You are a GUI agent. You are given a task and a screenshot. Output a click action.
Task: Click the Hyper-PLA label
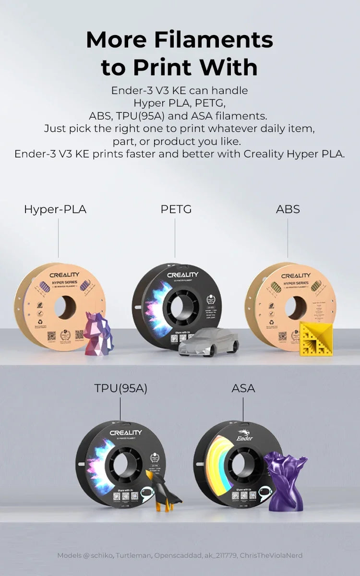tap(55, 210)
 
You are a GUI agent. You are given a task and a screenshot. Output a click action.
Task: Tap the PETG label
tap(176, 209)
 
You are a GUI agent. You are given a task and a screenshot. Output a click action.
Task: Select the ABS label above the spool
tap(288, 209)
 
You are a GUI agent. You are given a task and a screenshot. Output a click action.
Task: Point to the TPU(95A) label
tap(120, 388)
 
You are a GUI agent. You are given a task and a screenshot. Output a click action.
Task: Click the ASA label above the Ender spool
tap(243, 388)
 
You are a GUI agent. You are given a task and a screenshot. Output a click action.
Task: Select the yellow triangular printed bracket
tap(315, 338)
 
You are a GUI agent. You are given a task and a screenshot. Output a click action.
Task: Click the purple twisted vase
tap(286, 480)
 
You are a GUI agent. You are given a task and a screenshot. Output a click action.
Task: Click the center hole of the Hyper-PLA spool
tap(64, 307)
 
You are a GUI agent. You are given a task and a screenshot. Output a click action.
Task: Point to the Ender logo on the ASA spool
tap(245, 436)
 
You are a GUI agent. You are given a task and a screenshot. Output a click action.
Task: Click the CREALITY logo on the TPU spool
tap(126, 432)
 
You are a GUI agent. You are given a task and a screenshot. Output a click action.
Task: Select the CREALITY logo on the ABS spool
tap(296, 276)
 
